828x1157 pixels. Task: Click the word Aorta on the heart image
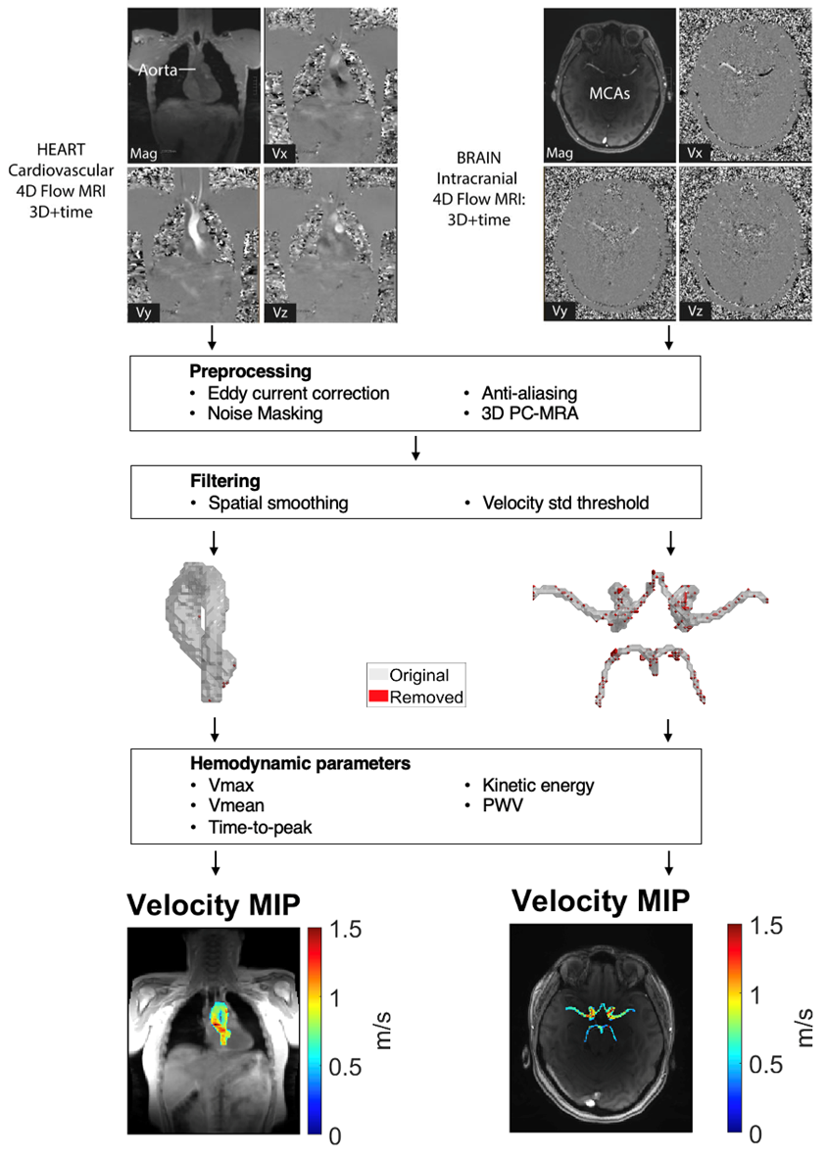click(x=157, y=72)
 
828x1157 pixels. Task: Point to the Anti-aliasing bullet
click(x=527, y=393)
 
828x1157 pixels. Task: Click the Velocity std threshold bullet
click(x=564, y=504)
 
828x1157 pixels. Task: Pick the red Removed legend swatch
click(x=377, y=697)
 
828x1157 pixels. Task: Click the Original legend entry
click(x=418, y=675)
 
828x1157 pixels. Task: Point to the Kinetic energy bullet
click(x=538, y=785)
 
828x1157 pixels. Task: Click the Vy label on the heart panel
click(x=139, y=313)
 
